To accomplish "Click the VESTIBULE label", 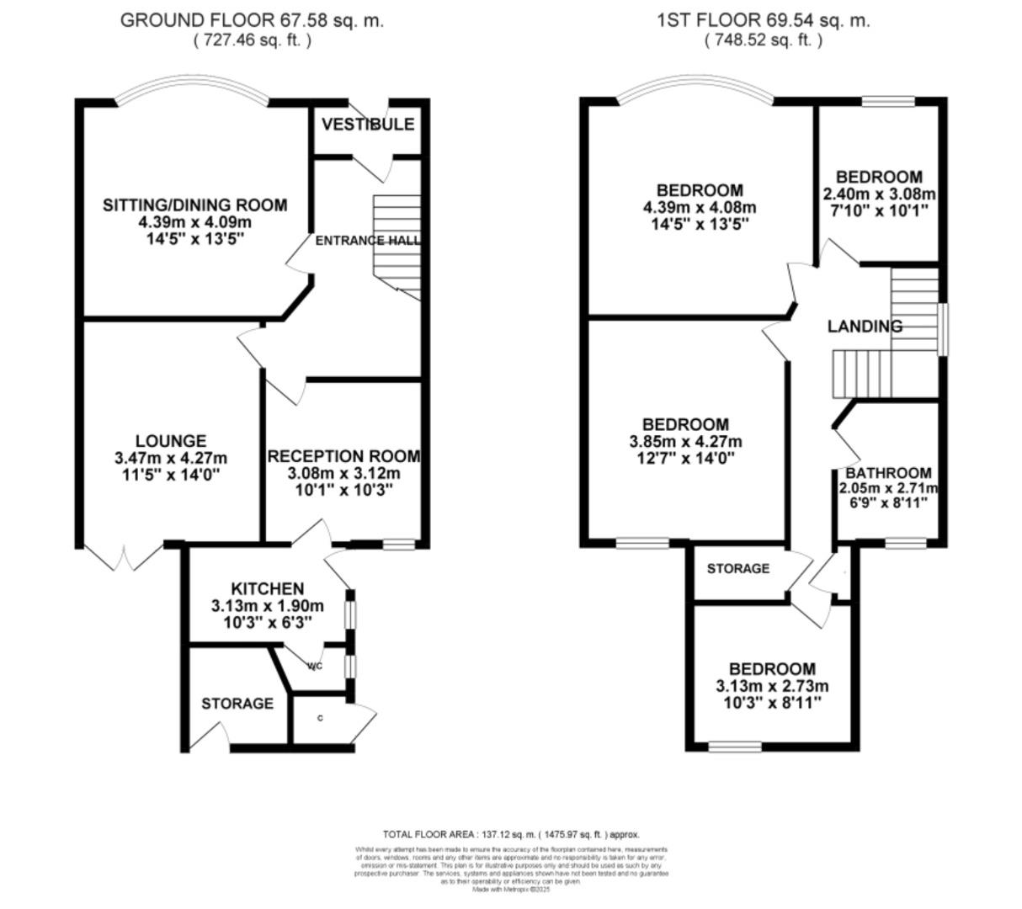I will [x=368, y=125].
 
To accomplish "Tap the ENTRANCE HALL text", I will [x=367, y=241].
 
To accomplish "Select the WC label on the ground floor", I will [x=315, y=667].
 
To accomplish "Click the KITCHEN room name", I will [x=267, y=588].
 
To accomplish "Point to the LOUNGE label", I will [x=171, y=441].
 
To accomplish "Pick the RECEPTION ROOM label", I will [x=343, y=456].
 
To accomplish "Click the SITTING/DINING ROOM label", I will [x=194, y=205].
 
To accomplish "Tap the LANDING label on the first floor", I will [x=865, y=327].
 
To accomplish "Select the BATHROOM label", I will [x=888, y=473].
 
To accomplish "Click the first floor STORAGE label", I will [x=737, y=569].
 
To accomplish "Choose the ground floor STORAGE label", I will [x=237, y=704].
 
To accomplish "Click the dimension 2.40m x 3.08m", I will [x=879, y=194].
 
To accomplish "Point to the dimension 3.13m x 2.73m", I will [x=772, y=686].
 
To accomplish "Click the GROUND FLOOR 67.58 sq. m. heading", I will [x=252, y=20].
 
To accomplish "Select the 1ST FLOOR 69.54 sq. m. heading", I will [x=763, y=20].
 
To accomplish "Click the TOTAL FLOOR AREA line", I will [x=511, y=835].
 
